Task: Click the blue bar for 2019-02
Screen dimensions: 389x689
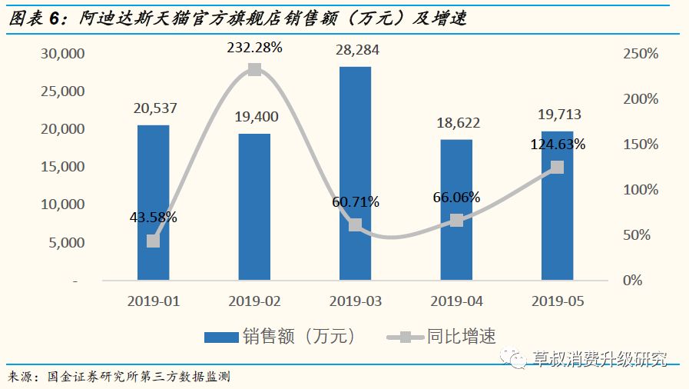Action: [254, 207]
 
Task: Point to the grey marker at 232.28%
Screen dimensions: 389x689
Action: [254, 70]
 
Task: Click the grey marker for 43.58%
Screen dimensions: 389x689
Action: [153, 241]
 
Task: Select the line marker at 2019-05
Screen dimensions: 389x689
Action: [557, 167]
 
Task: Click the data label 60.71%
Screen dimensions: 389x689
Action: [355, 202]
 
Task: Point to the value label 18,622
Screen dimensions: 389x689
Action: [456, 122]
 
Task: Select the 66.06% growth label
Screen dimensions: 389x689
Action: [456, 198]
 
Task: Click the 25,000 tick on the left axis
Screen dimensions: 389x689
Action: [63, 91]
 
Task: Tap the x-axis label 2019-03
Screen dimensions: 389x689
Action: [355, 301]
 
